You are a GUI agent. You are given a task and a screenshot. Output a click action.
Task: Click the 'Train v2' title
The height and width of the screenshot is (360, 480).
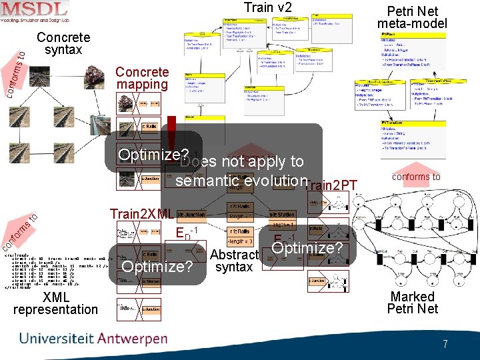tap(267, 8)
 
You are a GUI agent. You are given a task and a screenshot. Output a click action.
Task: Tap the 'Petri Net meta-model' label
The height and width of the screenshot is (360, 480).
tap(412, 18)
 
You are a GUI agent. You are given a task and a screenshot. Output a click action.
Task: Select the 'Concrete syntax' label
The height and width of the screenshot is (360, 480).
tap(63, 44)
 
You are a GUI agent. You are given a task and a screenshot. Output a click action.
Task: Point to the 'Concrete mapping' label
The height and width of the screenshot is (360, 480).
tap(142, 78)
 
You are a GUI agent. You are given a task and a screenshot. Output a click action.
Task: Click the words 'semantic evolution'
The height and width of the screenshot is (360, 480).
tap(241, 181)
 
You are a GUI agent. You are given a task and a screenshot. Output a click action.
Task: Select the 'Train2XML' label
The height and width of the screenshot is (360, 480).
tap(142, 215)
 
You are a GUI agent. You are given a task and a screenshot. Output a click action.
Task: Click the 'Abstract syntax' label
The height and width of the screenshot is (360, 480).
tap(234, 261)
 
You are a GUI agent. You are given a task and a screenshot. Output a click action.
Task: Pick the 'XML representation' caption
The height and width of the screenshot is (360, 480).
tap(55, 303)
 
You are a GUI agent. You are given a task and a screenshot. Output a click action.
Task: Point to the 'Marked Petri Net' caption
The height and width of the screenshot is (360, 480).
tap(413, 303)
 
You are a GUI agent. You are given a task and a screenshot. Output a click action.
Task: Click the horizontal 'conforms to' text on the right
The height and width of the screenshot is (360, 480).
tap(416, 177)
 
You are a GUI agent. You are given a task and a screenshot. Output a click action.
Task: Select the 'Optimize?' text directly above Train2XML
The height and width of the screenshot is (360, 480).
tap(149, 155)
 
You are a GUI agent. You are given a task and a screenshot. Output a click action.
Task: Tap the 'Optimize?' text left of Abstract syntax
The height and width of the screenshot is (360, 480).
tap(157, 267)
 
